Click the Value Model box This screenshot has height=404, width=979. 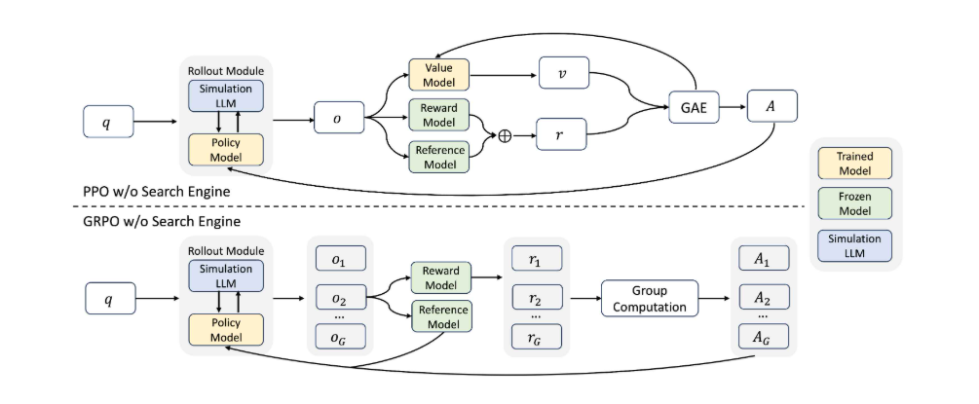coord(438,74)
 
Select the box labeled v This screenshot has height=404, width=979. coord(564,74)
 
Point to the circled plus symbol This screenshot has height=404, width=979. coord(505,136)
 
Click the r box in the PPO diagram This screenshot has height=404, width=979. coord(564,136)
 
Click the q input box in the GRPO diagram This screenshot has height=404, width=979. coord(108,298)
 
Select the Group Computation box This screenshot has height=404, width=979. coord(650,298)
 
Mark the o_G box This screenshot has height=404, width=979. coord(337,337)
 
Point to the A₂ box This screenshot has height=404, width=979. coord(761,298)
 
